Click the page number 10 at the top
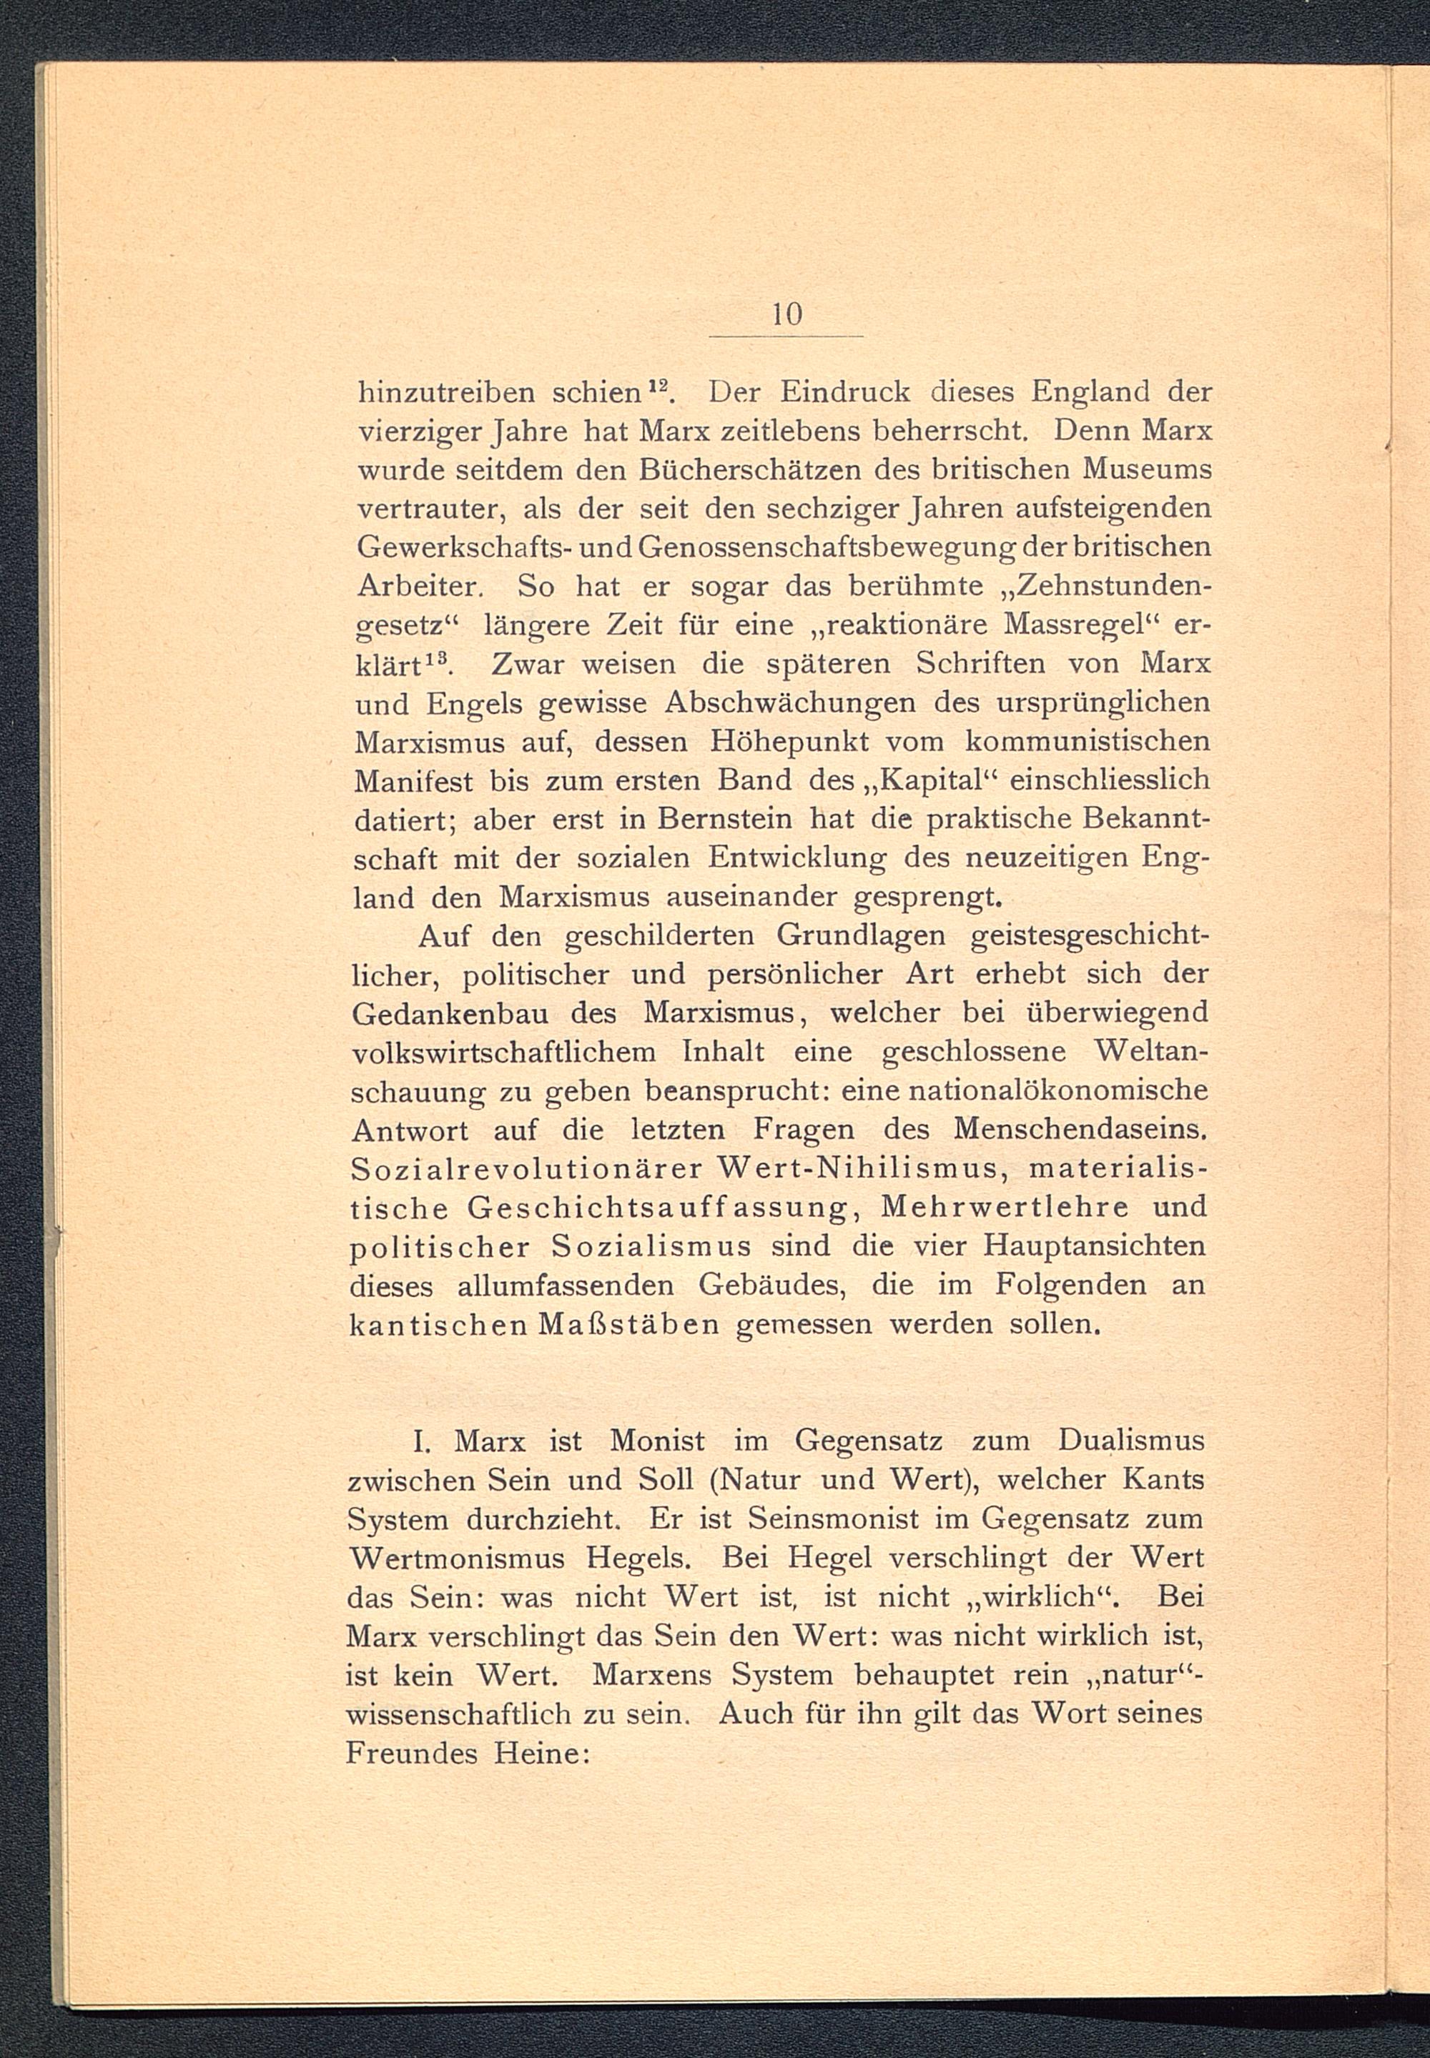(x=786, y=314)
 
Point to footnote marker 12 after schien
(x=661, y=385)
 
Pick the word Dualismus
(x=1130, y=1442)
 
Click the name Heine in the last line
(x=541, y=1753)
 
